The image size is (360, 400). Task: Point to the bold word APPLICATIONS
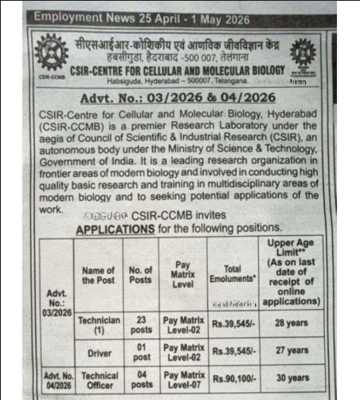click(114, 229)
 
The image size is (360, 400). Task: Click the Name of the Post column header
click(98, 276)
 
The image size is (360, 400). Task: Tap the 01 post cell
click(142, 351)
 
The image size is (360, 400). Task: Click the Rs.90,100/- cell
click(233, 378)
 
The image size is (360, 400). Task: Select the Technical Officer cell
click(100, 378)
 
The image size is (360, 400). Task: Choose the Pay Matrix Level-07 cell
click(184, 378)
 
